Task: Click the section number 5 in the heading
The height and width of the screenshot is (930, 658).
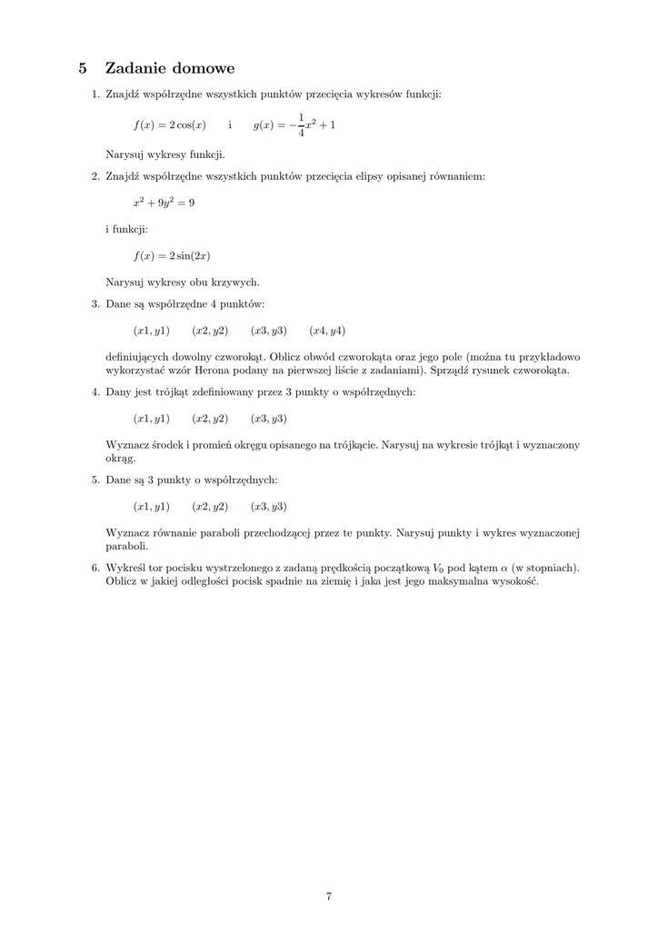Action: click(83, 68)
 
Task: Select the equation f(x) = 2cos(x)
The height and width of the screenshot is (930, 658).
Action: click(170, 125)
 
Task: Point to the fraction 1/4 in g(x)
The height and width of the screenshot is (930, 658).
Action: click(301, 125)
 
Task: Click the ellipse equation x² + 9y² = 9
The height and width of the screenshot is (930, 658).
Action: click(164, 203)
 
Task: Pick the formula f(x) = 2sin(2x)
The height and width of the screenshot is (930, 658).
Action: click(172, 255)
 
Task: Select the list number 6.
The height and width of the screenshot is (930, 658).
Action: click(95, 569)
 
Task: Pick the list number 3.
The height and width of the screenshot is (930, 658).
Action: click(95, 303)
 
